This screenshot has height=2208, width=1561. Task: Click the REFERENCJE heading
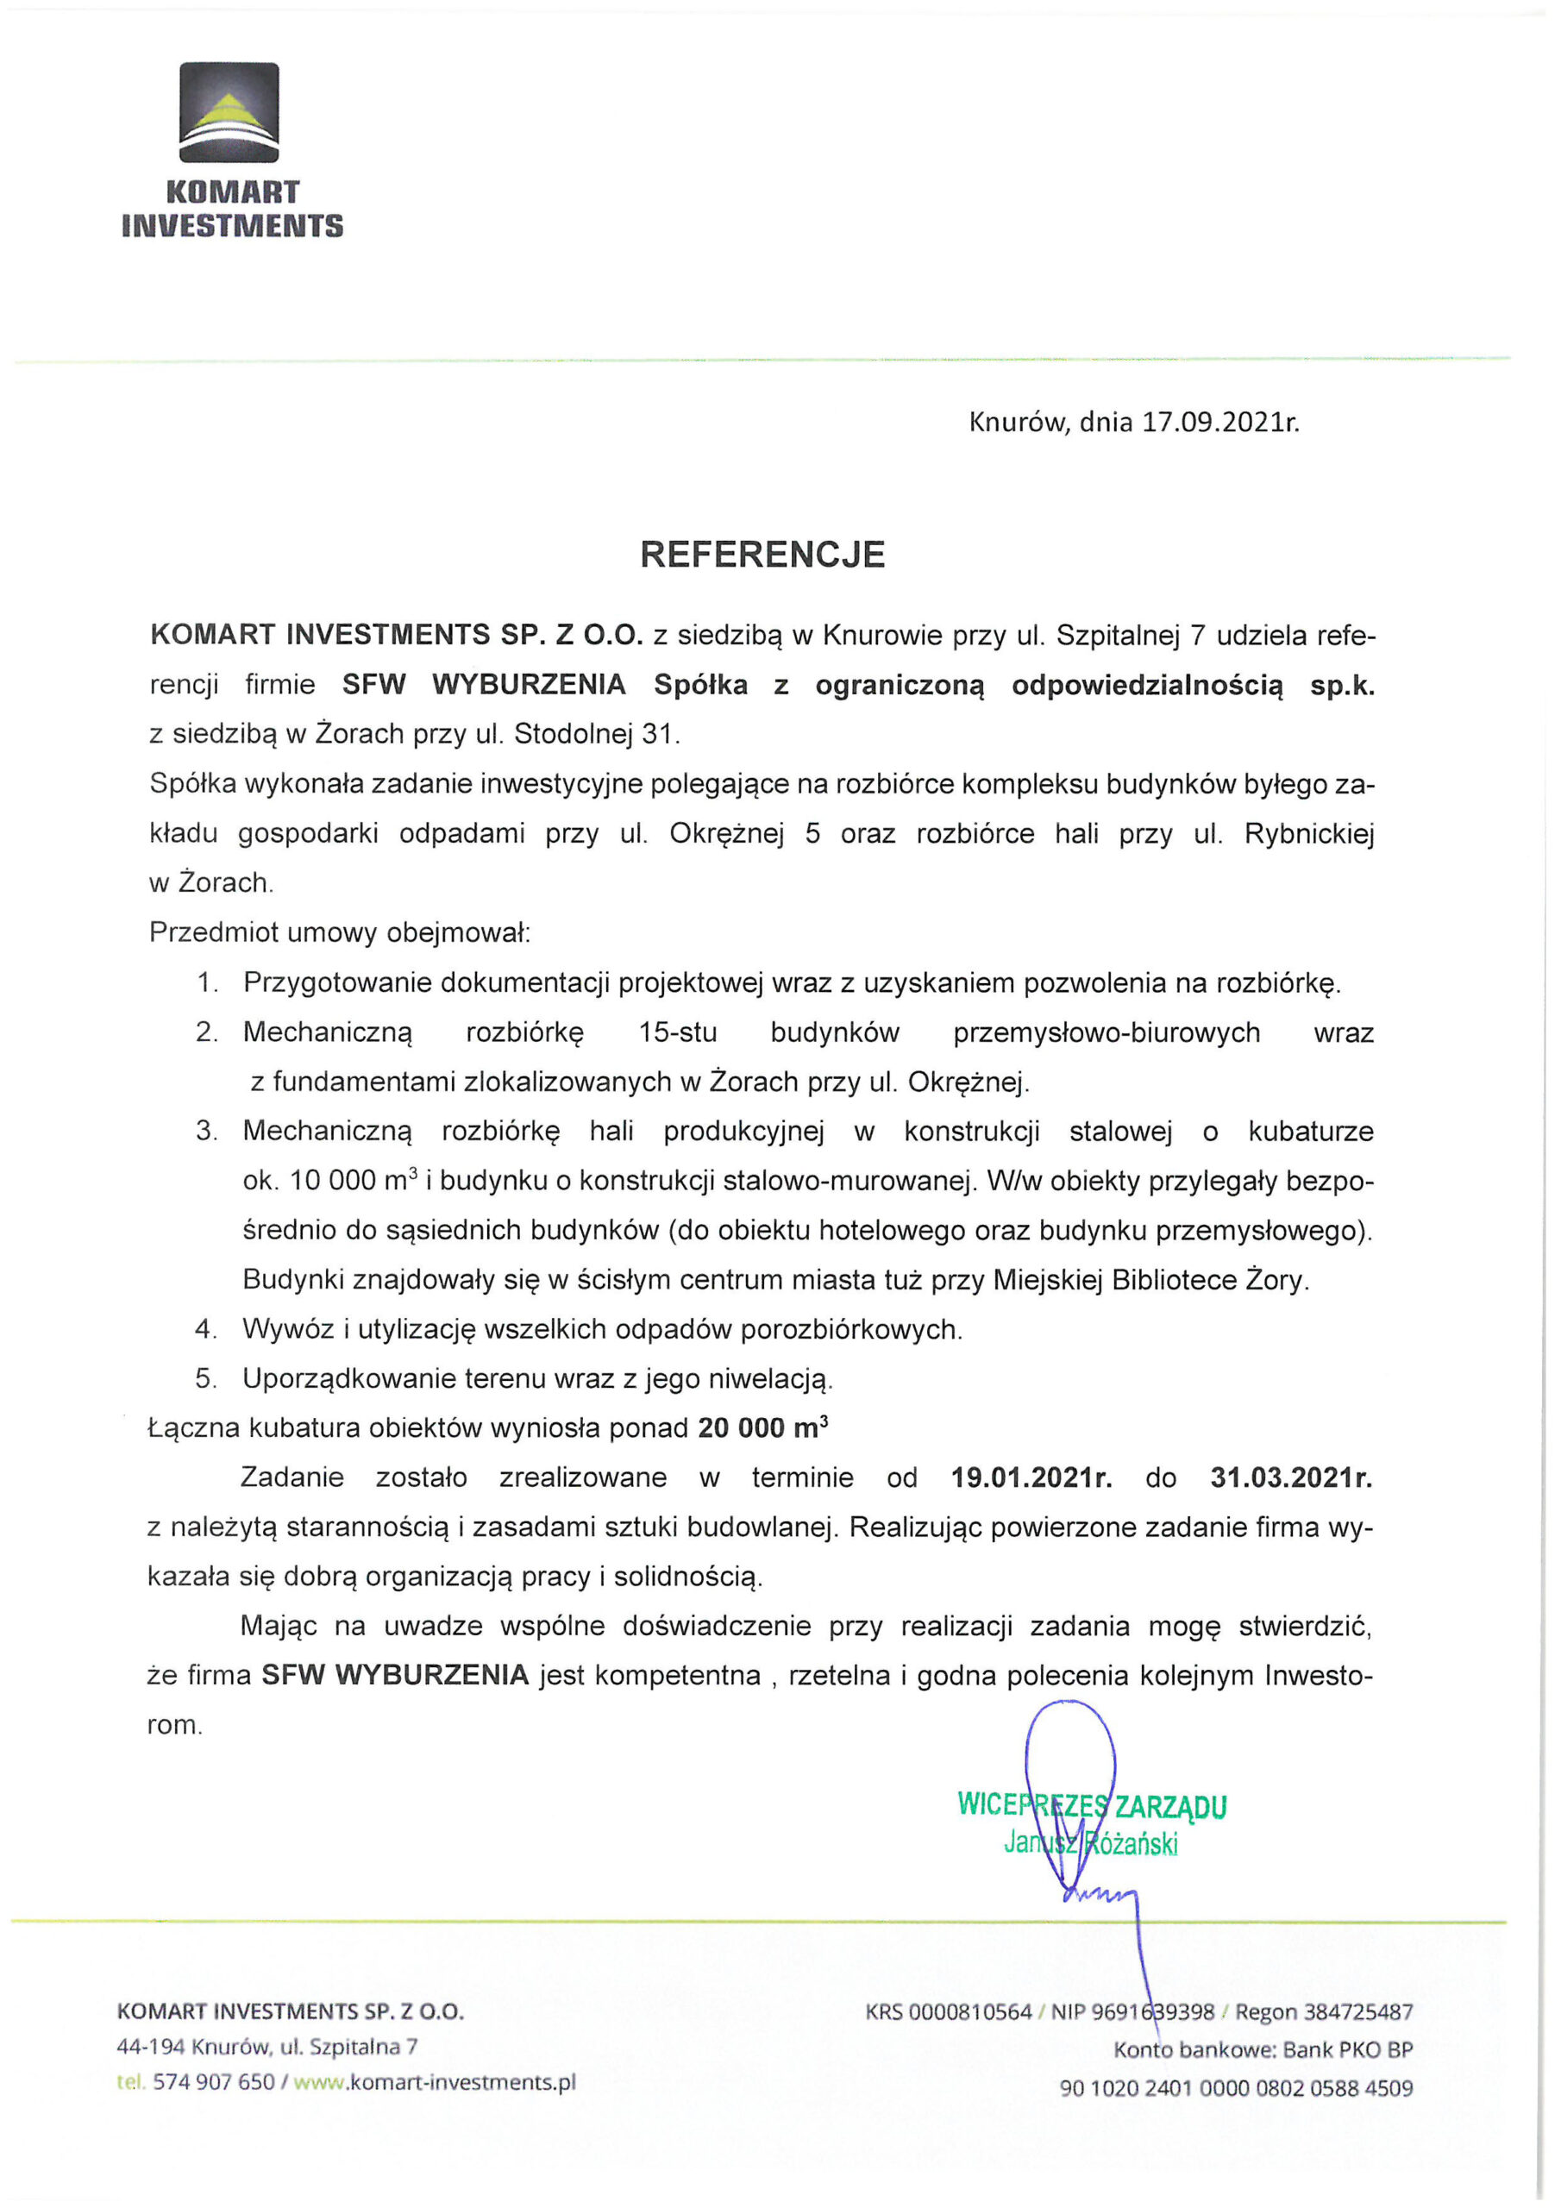(x=762, y=555)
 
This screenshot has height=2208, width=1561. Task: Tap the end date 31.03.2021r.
(x=1290, y=1477)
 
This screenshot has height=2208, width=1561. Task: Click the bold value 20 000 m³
(x=762, y=1428)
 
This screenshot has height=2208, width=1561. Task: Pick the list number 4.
(x=205, y=1329)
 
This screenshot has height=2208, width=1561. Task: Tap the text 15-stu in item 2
(x=677, y=1032)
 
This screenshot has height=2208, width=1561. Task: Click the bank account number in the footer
(x=1236, y=2089)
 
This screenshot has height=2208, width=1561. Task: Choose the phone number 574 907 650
(x=214, y=2083)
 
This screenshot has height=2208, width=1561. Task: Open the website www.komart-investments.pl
(x=435, y=2083)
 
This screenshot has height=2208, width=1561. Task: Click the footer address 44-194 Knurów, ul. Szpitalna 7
(x=266, y=2047)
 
